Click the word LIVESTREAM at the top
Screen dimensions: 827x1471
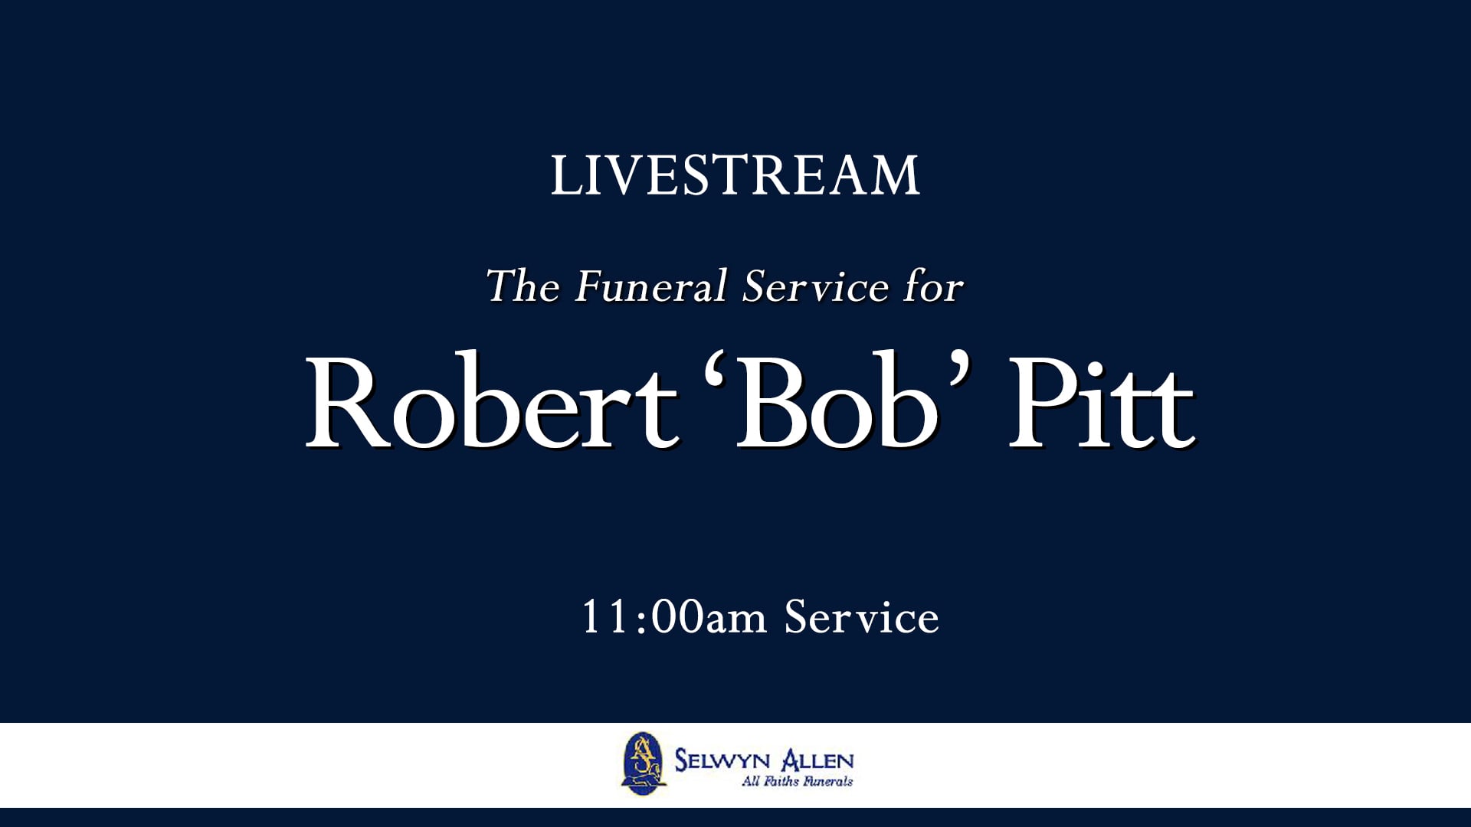click(x=735, y=175)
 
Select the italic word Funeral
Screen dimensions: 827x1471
click(x=650, y=286)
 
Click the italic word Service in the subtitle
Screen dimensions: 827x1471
click(x=815, y=286)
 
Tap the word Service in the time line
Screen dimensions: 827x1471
click(x=861, y=617)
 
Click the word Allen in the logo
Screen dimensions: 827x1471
click(x=817, y=760)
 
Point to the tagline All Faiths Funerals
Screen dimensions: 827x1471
click(x=797, y=782)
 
